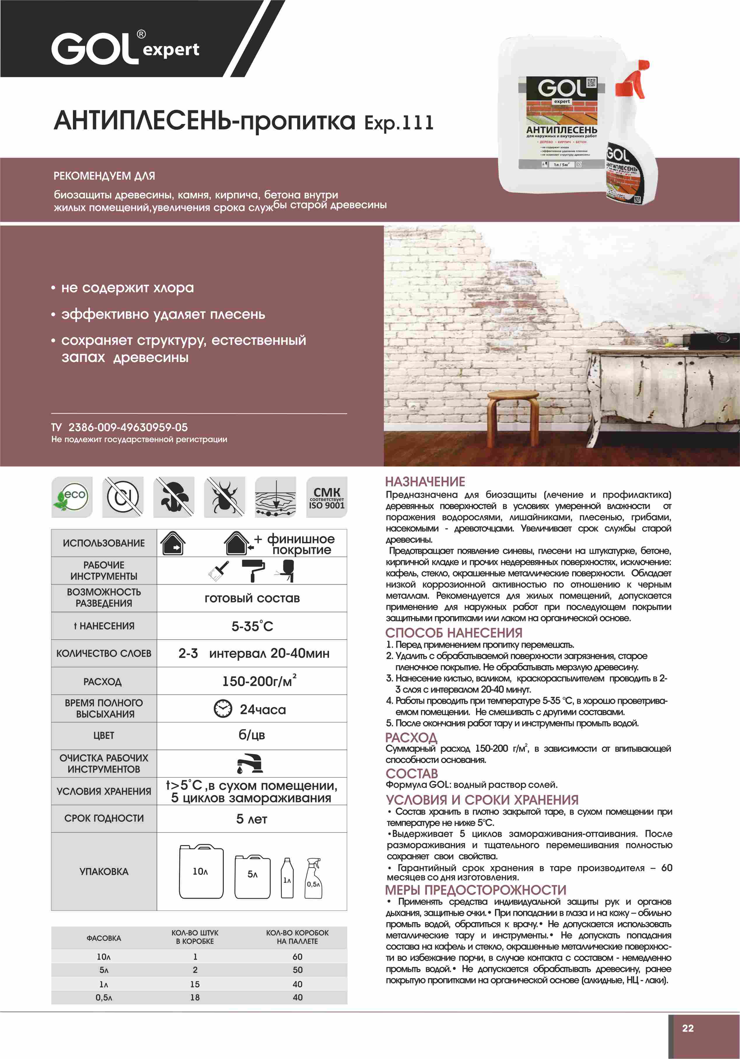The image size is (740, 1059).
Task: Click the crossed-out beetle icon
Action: click(225, 497)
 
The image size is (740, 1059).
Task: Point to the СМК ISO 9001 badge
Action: click(326, 497)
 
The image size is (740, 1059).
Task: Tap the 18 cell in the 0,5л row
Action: click(195, 997)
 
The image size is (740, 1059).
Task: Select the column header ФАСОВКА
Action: click(104, 938)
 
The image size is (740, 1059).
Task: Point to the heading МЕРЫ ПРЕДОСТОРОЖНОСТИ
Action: click(476, 889)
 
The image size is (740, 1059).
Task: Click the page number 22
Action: click(687, 1027)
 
